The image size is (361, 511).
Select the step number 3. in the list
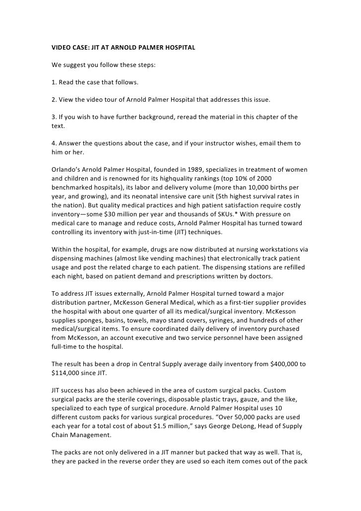(55, 117)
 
